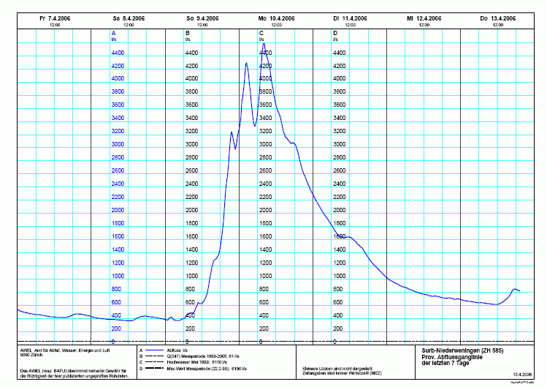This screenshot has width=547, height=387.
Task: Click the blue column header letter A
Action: (113, 34)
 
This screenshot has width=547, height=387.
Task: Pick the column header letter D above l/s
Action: (335, 34)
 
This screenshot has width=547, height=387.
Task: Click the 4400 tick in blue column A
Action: (118, 53)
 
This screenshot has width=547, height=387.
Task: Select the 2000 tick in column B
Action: (191, 211)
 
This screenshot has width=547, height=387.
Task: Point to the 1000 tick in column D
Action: (339, 277)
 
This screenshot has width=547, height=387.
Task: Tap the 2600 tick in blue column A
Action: (118, 171)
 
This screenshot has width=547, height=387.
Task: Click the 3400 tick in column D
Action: (340, 119)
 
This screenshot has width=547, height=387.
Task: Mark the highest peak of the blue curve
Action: (264, 45)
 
